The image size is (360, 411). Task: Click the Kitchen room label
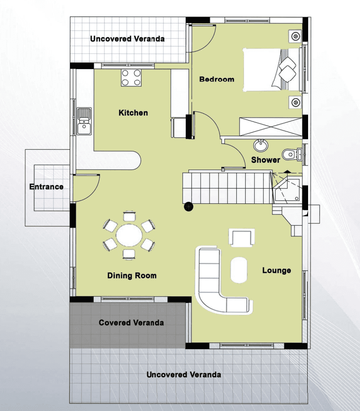(x=133, y=113)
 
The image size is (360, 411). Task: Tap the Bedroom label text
(x=217, y=79)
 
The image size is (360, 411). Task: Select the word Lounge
(x=277, y=270)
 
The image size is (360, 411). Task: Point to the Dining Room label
(x=132, y=275)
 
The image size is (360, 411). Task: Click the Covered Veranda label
(x=131, y=322)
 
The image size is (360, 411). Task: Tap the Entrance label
(x=46, y=187)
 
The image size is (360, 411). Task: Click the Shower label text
(x=266, y=160)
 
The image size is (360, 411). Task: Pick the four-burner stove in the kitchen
(x=131, y=78)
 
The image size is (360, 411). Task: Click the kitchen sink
(x=84, y=121)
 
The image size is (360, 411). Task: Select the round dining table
(x=129, y=235)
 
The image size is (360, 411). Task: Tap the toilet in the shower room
(x=292, y=154)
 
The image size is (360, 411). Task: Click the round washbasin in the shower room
(x=260, y=145)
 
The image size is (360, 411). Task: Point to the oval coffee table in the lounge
(x=239, y=270)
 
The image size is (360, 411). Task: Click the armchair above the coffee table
(x=242, y=238)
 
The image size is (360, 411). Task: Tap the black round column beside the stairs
(x=189, y=207)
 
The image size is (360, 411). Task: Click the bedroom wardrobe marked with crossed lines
(x=271, y=127)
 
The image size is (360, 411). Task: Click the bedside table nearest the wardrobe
(x=295, y=102)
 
